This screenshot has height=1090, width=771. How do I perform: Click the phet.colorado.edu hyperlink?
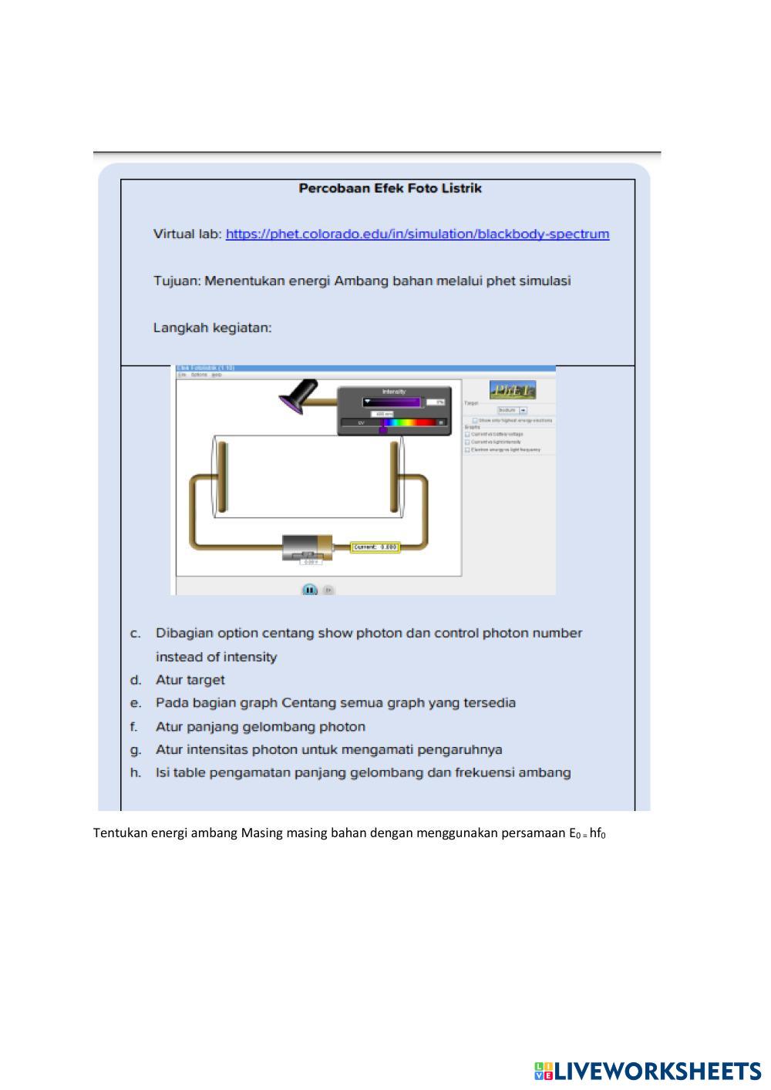point(417,234)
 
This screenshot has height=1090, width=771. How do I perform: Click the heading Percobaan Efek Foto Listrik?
point(390,188)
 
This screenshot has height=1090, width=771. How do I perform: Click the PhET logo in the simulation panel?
point(513,390)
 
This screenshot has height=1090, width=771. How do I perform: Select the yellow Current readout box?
point(375,547)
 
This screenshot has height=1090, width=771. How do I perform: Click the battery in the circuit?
point(307,548)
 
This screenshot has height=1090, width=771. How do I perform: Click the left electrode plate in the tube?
point(222,476)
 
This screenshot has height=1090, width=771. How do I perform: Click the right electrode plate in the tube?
point(394,476)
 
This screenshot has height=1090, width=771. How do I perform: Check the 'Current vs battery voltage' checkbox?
point(467,435)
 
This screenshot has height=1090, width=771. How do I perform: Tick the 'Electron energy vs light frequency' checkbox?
point(467,449)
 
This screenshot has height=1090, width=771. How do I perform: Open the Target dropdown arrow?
point(524,410)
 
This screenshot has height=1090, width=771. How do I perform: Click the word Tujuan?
point(176,281)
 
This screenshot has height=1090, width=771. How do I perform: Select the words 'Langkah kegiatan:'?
point(212,328)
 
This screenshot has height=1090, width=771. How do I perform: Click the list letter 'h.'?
point(136,772)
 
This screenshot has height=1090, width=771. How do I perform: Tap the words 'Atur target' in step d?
point(190,680)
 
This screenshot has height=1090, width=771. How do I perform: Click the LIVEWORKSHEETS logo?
point(648,1071)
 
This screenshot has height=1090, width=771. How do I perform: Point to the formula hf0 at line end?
point(598,833)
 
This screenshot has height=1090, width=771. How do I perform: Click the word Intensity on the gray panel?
point(393,392)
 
